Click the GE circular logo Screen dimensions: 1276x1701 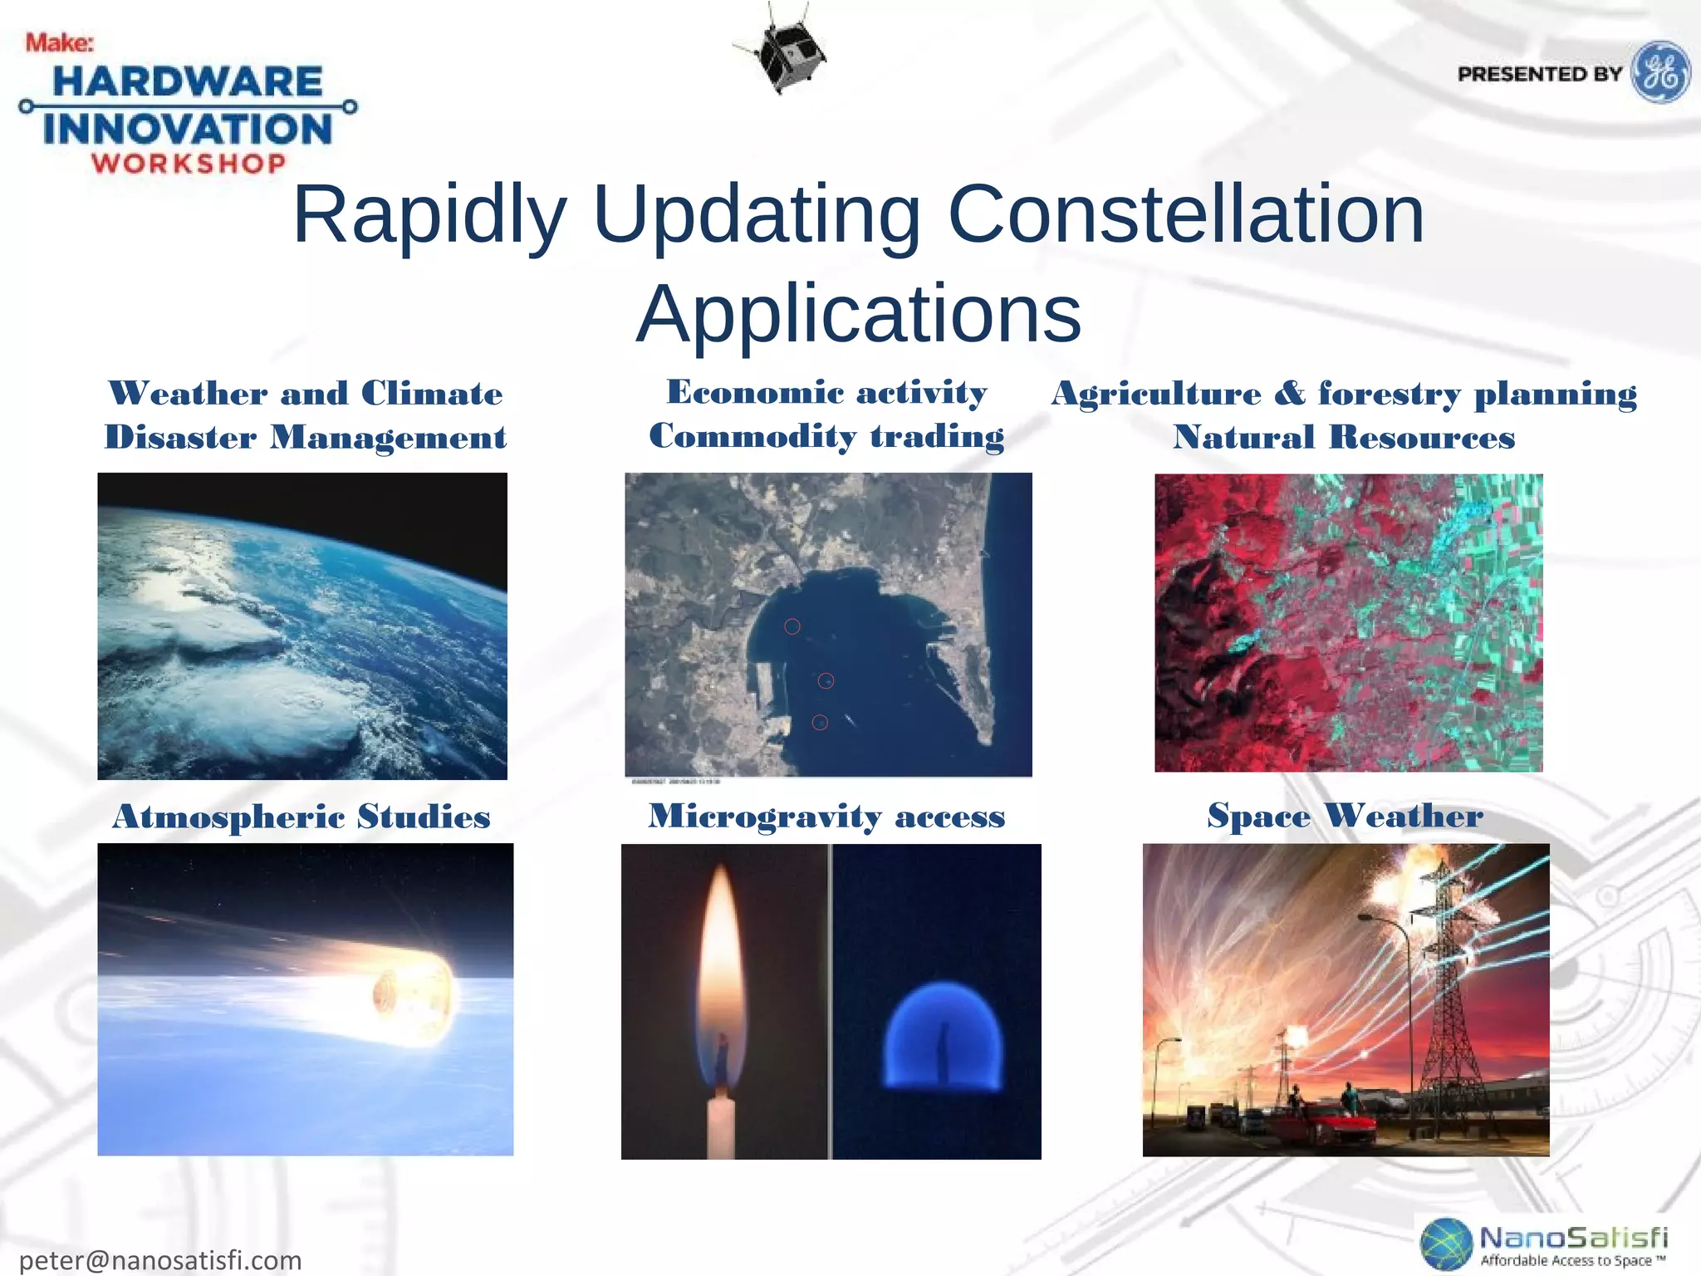click(x=1660, y=72)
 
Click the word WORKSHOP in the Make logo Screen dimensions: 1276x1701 click(x=189, y=163)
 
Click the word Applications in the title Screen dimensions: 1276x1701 click(x=859, y=313)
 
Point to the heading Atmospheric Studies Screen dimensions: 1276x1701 click(x=301, y=817)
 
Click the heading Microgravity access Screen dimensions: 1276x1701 click(x=826, y=817)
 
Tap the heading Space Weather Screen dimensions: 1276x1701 click(x=1345, y=816)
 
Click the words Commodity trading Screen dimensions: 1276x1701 click(x=826, y=436)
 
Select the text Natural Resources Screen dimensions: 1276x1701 click(x=1344, y=437)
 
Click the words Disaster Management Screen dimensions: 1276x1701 click(x=305, y=438)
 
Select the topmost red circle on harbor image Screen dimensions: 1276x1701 click(x=792, y=626)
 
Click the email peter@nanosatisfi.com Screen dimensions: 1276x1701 click(x=160, y=1259)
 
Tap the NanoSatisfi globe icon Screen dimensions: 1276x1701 click(x=1446, y=1244)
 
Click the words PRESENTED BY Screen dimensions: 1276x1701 click(x=1540, y=74)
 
